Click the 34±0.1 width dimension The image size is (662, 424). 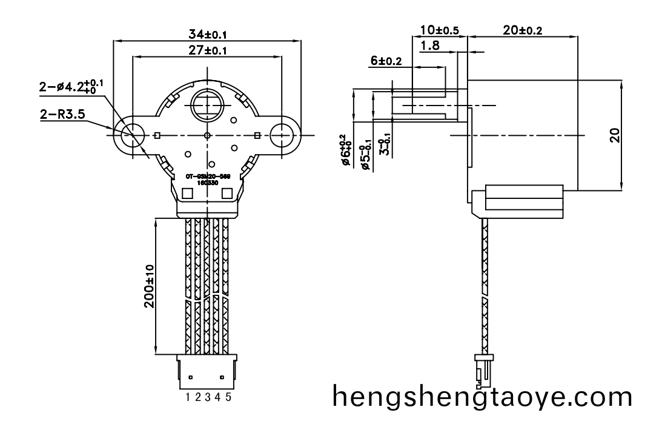click(207, 34)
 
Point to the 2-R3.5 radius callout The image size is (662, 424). click(63, 112)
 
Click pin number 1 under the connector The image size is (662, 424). click(189, 397)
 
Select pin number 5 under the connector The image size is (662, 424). click(228, 397)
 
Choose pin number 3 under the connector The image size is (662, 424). click(208, 397)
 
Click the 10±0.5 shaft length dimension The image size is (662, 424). click(439, 30)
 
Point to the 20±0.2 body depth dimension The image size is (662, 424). click(523, 30)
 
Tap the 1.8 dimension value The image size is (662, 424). click(430, 45)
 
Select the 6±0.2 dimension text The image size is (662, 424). click(386, 61)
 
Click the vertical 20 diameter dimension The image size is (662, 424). click(615, 135)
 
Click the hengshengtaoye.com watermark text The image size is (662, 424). click(482, 398)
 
